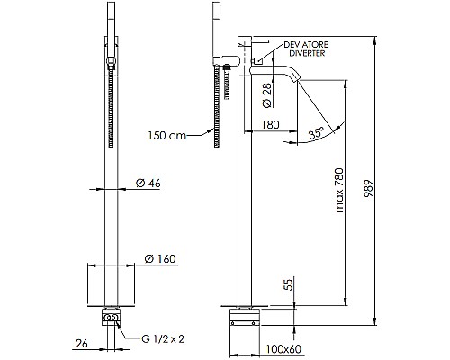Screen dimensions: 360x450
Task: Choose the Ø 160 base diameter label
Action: [158, 259]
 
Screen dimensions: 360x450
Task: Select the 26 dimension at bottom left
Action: [82, 342]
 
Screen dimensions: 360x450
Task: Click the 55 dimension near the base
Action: [288, 285]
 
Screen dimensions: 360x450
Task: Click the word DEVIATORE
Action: [304, 44]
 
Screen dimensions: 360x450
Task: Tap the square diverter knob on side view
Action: [258, 60]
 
